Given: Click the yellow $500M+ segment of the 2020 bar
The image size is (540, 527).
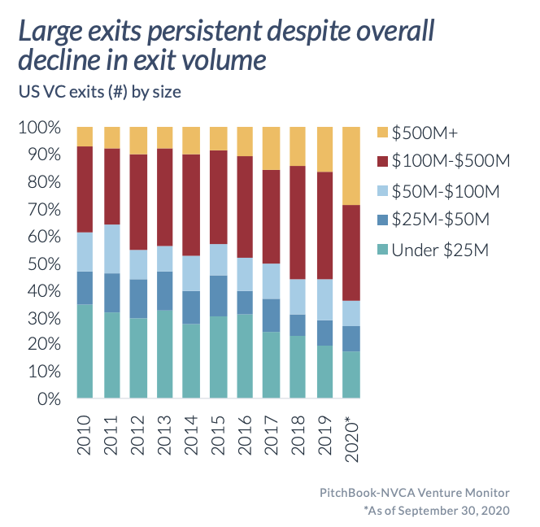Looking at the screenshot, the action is coord(351,166).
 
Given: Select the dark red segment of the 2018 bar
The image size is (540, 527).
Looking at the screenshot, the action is coord(298,223).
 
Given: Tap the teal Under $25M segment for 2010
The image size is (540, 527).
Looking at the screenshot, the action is coord(85,351).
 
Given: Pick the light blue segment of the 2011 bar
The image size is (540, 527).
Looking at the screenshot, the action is coord(112,249).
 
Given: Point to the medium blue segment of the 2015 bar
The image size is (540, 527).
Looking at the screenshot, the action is coord(219,296).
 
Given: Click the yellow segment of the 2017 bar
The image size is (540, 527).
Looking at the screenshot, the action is coord(272,149).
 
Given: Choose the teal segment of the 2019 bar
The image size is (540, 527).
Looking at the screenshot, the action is coord(325,372).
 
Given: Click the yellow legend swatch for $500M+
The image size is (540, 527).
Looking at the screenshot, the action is coord(382,133).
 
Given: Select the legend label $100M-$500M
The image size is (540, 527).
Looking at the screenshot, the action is coord(451,161).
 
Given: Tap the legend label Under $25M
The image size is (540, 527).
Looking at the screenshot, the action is coord(440,250).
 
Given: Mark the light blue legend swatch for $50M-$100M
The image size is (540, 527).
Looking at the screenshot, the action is coord(382,191).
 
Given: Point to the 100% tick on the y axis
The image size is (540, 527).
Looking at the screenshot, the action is coord(40,128).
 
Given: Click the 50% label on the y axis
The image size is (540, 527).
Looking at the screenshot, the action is coord(44,264).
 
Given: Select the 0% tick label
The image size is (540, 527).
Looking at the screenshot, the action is coord(49,399).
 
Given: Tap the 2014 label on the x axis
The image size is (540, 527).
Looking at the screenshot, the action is coord(191,435).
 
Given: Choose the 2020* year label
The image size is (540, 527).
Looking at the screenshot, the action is coord(351,439).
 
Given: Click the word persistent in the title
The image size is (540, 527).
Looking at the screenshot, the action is coord(205,32).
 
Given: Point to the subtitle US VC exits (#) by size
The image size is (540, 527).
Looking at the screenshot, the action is coord(100,92).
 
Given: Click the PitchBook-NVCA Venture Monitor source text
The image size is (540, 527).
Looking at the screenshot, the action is coord(415,493).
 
